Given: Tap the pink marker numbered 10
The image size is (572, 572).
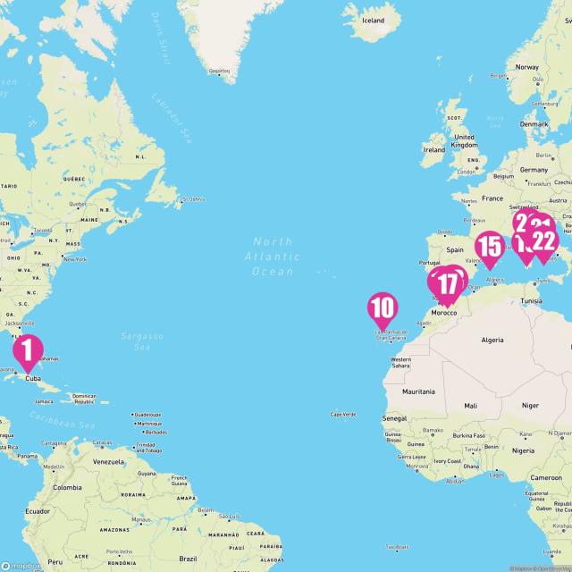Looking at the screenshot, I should (382, 309).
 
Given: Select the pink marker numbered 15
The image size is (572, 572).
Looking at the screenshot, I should (489, 248).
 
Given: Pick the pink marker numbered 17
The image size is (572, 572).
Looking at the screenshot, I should (448, 285).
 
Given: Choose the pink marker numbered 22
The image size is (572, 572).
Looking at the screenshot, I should (543, 240).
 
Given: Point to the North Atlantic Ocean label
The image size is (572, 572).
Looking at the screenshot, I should (273, 257).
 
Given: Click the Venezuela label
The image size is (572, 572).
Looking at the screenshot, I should (107, 461).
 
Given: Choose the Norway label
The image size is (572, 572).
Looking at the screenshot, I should (526, 67).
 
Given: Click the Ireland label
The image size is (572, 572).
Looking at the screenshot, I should (433, 150).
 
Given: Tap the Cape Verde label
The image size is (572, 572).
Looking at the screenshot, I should (343, 415).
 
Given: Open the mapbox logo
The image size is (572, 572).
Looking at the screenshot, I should (21, 565).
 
